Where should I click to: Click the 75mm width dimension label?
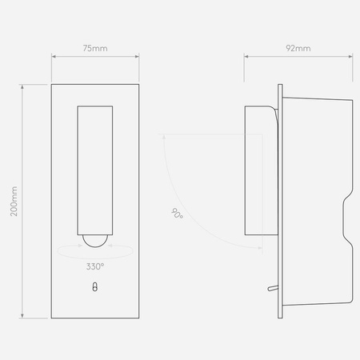[x=95, y=48]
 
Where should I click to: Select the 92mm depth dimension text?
[x=298, y=48]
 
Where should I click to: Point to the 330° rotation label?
[x=95, y=266]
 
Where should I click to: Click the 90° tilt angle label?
[x=176, y=214]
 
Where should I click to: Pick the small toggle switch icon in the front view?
[x=95, y=290]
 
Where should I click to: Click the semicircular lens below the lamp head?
[x=95, y=238]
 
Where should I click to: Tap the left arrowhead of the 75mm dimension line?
[x=54, y=57]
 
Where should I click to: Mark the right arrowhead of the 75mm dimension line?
[x=138, y=57]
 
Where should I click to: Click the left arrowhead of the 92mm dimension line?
[x=246, y=57]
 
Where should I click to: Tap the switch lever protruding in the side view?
[x=270, y=286]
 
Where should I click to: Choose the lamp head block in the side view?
[x=259, y=172]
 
